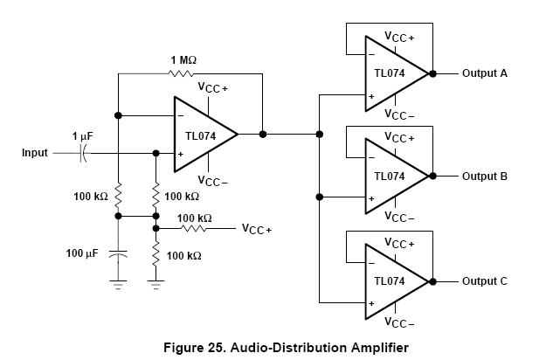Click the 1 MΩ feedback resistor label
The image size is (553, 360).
coord(183,59)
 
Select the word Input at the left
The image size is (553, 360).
coord(35,153)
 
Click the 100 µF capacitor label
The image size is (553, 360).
coord(85,253)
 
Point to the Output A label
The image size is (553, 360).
coord(484,73)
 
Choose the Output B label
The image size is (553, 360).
coord(484,177)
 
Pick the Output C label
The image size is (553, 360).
coord(484,280)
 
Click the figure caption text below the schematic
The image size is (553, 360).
coord(285,347)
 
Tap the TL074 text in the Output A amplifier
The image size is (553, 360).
coord(390,73)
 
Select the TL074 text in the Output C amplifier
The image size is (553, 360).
coord(390,280)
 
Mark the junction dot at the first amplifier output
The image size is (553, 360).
coord(262,134)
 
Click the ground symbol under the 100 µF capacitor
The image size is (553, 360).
coord(118,281)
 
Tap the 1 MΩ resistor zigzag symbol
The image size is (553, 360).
coord(183,73)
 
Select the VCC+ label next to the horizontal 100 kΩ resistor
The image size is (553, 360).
coord(257,229)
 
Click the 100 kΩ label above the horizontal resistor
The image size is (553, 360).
coord(194,218)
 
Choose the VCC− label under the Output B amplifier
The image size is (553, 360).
coord(399,218)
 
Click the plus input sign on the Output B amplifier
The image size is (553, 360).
coord(371,198)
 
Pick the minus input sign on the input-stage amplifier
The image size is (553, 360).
coord(179,115)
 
